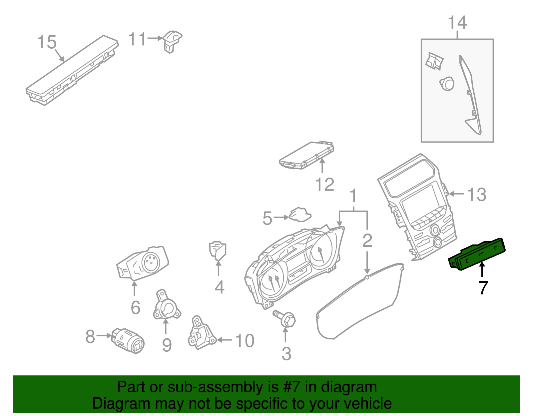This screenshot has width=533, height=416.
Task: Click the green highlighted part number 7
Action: (x=477, y=254)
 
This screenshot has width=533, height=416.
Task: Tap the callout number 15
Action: (x=47, y=42)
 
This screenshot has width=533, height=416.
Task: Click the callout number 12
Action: (x=324, y=185)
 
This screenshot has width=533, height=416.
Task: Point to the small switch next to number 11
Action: (x=172, y=41)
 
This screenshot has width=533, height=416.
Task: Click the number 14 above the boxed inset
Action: (x=457, y=23)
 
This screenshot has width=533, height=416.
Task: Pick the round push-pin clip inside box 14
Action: (x=447, y=84)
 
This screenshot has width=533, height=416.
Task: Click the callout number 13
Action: (x=477, y=195)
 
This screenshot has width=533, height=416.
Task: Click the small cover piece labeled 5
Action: (x=300, y=215)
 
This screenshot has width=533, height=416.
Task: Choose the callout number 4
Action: (x=219, y=287)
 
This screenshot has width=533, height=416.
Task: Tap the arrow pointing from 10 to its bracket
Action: (x=225, y=340)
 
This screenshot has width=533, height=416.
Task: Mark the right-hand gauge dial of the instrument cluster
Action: (x=320, y=251)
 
